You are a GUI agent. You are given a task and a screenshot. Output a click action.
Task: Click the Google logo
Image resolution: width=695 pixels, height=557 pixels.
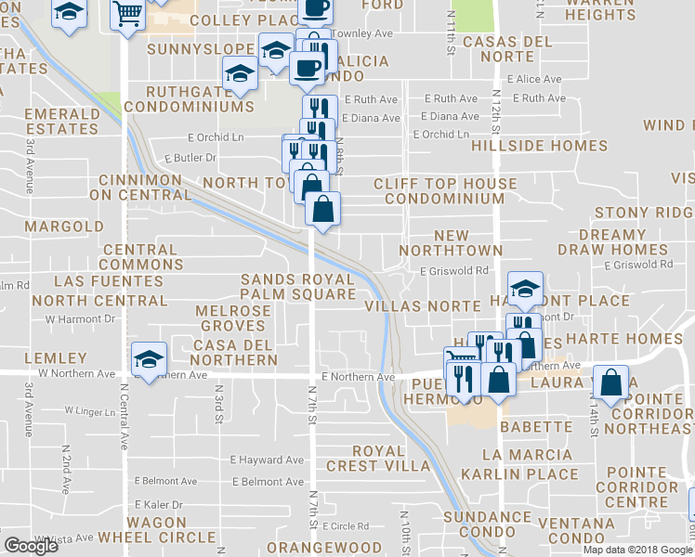point(31,546)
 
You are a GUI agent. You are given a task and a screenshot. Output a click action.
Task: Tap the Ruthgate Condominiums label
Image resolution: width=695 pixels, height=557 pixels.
point(201,99)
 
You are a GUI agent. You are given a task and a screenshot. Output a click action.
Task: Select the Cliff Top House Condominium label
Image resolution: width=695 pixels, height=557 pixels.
point(444,191)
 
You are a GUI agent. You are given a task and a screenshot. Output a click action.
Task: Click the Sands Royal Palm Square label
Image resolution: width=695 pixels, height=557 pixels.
point(298,287)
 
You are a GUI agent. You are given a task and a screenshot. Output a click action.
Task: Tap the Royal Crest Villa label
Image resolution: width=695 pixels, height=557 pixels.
point(378,459)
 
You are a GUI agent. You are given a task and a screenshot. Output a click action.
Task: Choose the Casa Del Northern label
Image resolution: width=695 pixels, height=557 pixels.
point(235,353)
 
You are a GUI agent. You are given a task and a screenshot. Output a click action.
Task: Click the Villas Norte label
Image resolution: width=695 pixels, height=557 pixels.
point(422,305)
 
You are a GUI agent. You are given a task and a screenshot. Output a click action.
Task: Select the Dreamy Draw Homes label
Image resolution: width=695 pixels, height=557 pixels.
point(612,242)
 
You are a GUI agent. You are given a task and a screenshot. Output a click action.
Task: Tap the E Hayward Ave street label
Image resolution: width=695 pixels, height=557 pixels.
point(267,460)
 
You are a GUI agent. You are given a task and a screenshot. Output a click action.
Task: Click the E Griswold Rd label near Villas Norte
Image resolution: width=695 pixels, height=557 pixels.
point(453,271)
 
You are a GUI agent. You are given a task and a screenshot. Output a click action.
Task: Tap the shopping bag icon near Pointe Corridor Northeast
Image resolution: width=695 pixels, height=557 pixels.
point(610,384)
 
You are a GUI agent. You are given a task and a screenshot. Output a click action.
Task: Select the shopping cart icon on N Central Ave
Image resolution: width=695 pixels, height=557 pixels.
point(126,13)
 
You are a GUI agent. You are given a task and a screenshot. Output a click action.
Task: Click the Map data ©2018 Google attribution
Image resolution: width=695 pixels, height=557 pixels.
point(638,550)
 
